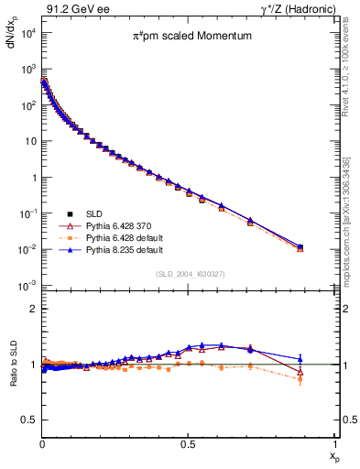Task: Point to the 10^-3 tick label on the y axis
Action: click(27, 286)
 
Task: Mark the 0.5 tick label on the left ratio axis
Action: click(28, 420)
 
